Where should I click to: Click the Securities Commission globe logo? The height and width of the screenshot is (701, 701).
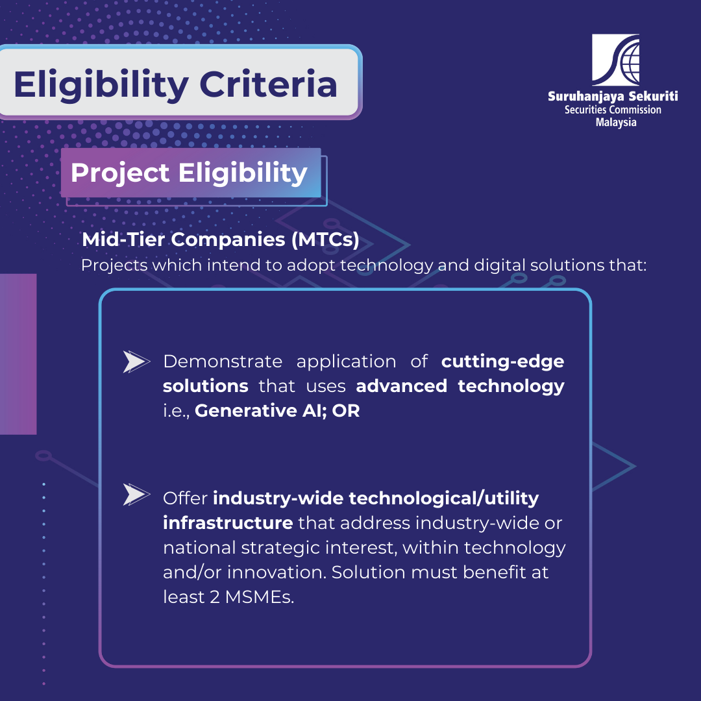(x=615, y=60)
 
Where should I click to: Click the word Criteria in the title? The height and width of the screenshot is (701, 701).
(x=268, y=84)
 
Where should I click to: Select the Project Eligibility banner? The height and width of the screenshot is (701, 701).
(x=191, y=173)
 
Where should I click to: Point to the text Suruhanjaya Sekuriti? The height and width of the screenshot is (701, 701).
(x=613, y=97)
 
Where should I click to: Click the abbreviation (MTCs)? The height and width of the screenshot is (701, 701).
(x=325, y=240)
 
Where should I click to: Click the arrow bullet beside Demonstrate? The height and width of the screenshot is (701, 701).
(x=136, y=362)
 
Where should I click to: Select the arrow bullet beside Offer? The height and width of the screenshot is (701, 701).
(x=136, y=495)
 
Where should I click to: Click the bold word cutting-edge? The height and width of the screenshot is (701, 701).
(x=502, y=362)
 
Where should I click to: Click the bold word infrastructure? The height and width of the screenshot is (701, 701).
(x=228, y=523)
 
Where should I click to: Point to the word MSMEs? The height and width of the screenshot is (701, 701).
(x=260, y=597)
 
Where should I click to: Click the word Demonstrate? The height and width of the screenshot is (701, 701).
(x=223, y=362)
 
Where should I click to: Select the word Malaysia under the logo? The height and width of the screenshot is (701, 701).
(x=616, y=123)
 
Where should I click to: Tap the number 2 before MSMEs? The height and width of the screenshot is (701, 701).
(x=215, y=597)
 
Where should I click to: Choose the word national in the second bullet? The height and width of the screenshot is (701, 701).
(x=199, y=548)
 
